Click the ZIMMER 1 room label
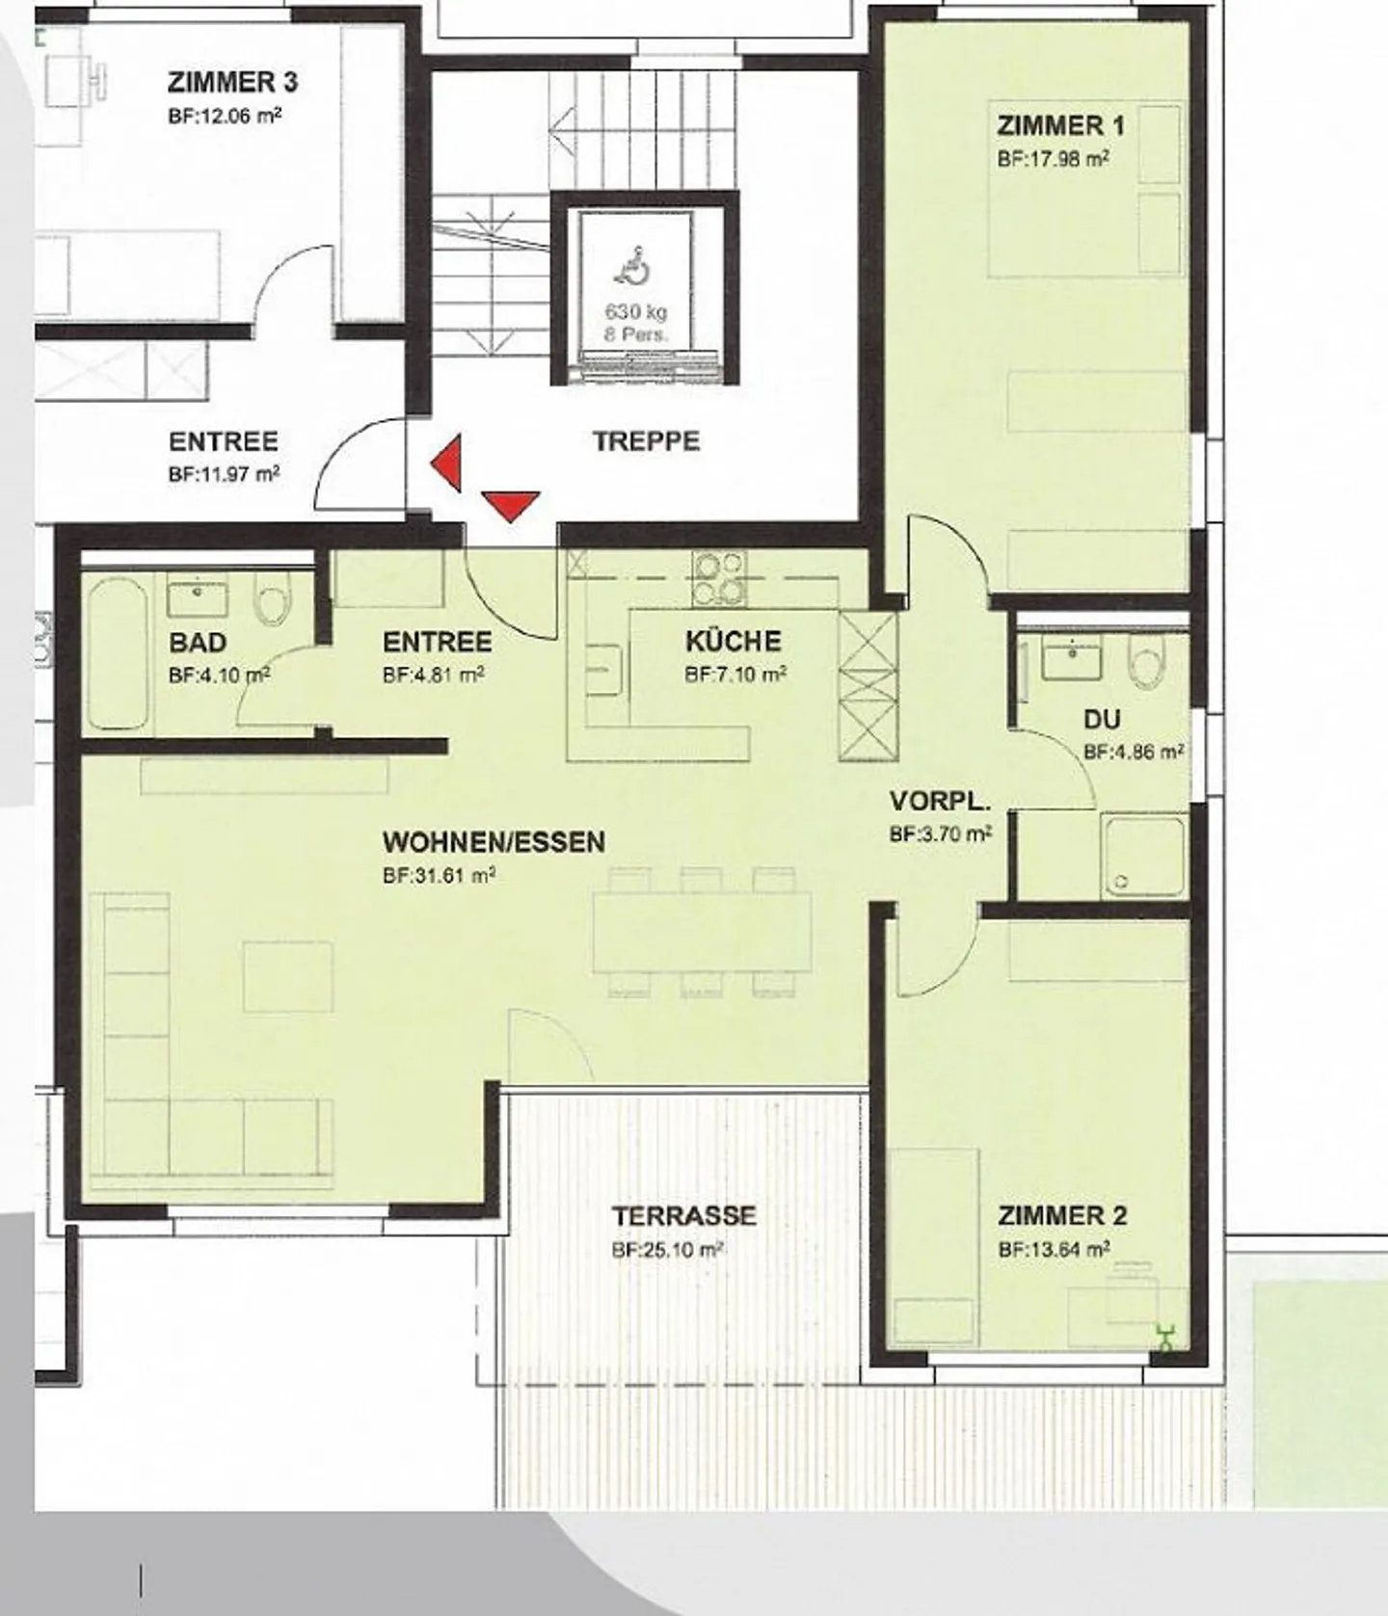click(1060, 126)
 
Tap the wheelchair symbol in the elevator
click(633, 267)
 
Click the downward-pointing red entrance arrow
click(510, 504)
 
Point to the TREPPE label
click(646, 442)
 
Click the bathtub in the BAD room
click(117, 653)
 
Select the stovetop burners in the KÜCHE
click(719, 578)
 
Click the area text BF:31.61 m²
click(439, 876)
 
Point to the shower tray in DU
click(1143, 856)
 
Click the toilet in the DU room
click(1147, 665)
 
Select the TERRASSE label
click(683, 1216)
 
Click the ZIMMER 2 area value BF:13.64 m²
click(1054, 1250)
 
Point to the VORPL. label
click(940, 802)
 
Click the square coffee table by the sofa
click(288, 976)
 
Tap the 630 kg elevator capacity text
click(635, 312)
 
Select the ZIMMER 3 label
click(232, 83)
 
